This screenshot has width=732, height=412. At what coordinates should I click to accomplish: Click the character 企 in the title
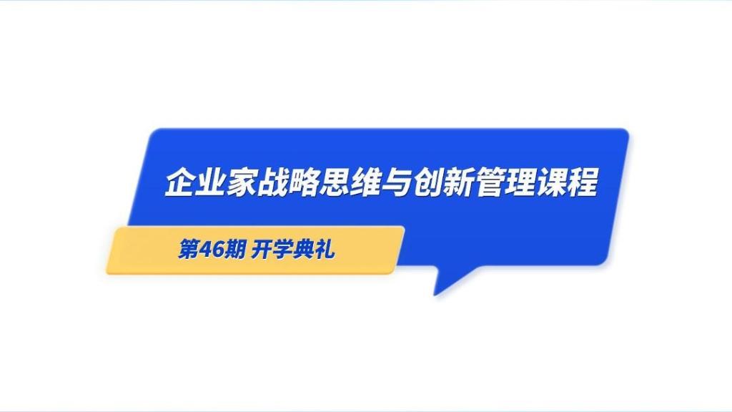tap(180, 182)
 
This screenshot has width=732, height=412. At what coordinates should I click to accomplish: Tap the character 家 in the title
tap(242, 182)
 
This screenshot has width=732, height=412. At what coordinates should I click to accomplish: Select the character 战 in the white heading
tap(272, 182)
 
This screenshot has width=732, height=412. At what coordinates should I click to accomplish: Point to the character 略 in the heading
tap(304, 182)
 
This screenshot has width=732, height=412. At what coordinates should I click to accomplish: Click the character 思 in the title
tap(335, 182)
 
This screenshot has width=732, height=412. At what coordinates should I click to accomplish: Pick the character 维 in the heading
tap(366, 182)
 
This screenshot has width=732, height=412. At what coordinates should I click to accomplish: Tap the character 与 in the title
tap(397, 182)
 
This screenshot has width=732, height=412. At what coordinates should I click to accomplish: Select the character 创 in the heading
tap(428, 182)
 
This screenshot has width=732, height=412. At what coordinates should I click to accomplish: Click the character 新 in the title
tap(459, 182)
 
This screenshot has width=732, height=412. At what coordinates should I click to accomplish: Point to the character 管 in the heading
tap(490, 182)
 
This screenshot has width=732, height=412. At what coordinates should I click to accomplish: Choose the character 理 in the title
tap(521, 182)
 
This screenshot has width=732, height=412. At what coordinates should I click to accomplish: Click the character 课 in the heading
tap(553, 182)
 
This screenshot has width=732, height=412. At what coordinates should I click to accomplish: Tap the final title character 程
tap(583, 182)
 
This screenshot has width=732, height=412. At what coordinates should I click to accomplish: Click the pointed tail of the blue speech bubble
tap(435, 294)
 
